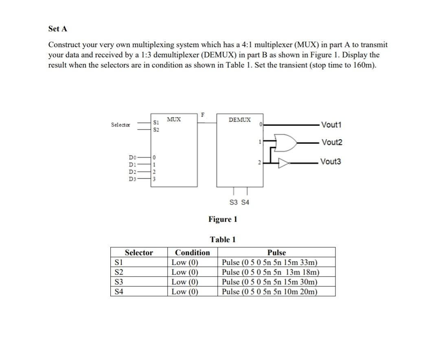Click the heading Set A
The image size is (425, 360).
coord(57,29)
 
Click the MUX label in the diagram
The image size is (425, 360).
coord(174,120)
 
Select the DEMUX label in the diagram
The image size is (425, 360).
coord(240,120)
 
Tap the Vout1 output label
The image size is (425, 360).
coord(331,125)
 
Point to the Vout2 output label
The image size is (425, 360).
coord(332,142)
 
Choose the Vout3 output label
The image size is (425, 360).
coord(331,162)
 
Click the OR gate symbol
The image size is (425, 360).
coord(287,142)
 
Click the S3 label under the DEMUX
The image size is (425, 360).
coord(234,202)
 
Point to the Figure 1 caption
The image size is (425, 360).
coord(223,220)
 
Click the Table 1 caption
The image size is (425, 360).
coord(223,240)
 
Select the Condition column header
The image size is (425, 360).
coord(192,253)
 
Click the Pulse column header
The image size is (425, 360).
coord(276,253)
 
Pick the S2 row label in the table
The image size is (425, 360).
coord(119,272)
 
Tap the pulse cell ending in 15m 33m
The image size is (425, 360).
coord(269,262)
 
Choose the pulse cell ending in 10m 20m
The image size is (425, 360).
coord(269,292)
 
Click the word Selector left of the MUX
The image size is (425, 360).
coord(120,125)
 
